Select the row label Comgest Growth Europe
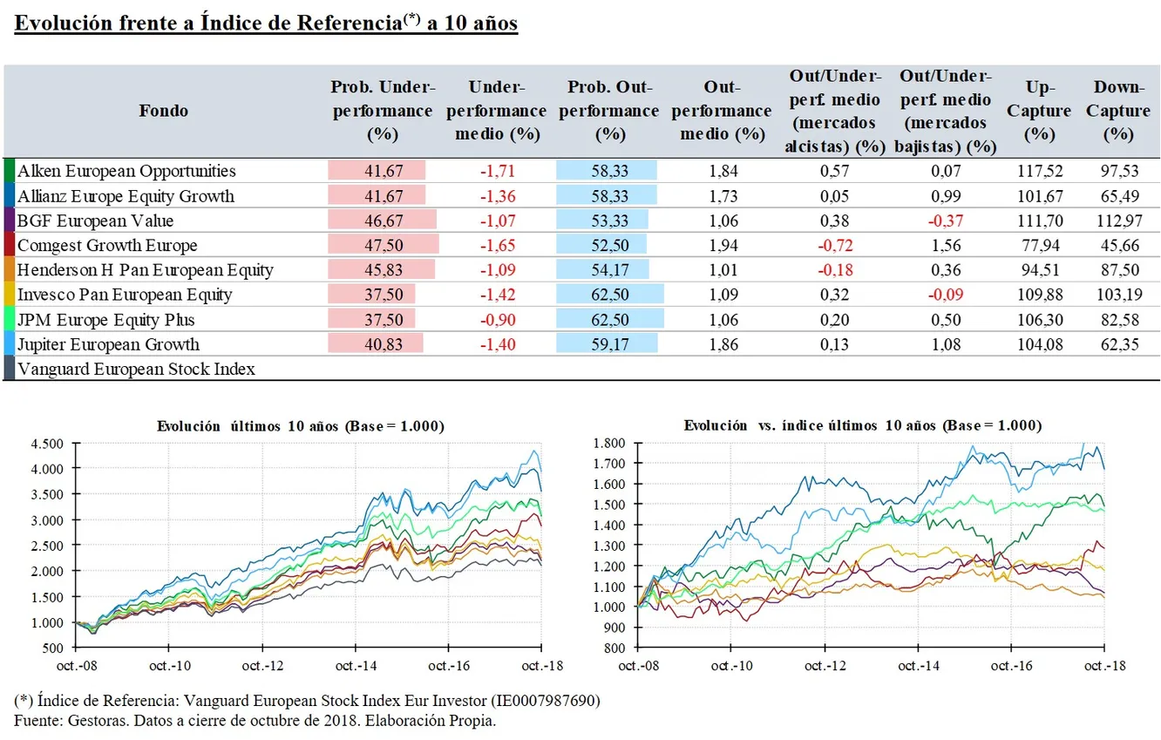[x=107, y=245]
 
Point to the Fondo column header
[x=163, y=111]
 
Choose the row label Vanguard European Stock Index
[x=136, y=369]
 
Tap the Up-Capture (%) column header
[x=1037, y=111]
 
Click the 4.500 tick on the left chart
[x=47, y=444]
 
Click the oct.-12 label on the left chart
[x=261, y=665]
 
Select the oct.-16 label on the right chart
[x=1011, y=665]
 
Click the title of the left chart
[x=301, y=426]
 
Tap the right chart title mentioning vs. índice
[x=863, y=426]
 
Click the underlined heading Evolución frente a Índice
[x=267, y=24]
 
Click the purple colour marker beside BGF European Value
[x=9, y=221]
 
